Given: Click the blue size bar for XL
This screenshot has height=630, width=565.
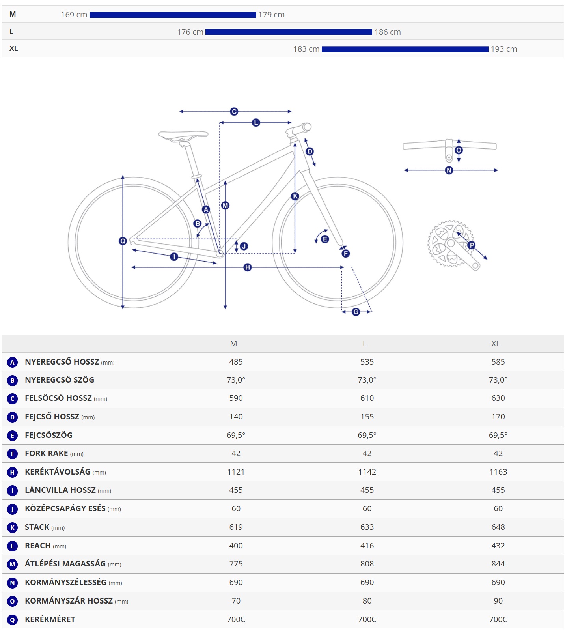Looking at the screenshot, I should pos(405,49).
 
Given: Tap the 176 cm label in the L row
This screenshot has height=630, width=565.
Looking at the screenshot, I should pos(190,32).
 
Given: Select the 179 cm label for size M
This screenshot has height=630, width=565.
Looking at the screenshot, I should pos(271,15).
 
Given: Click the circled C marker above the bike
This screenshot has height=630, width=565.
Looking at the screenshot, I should pos(234,112).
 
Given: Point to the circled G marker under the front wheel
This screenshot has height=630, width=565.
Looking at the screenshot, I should pos(356,312).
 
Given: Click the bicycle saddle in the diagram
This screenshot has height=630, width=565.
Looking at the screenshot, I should pos(183,135).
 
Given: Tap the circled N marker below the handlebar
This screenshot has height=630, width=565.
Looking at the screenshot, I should pos(449,170).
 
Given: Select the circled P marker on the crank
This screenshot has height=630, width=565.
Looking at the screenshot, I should pos(471,245).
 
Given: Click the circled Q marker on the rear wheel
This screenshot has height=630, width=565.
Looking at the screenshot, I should pos(123,241).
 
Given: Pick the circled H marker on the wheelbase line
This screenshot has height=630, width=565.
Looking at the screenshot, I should pos(247,267).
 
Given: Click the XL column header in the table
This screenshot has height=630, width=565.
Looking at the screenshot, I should pos(496,344).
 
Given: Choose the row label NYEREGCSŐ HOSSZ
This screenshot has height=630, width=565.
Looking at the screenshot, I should pos(62,362).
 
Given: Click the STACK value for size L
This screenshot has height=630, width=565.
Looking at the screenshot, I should pos(367,527).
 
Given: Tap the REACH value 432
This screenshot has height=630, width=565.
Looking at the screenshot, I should pos(498,546).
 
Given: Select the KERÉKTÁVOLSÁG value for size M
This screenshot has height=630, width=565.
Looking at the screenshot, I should pos(236,472).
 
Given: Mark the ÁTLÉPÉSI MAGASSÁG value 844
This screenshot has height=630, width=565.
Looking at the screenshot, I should pos(498,564).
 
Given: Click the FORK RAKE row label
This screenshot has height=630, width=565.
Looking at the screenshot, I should pos(47,453).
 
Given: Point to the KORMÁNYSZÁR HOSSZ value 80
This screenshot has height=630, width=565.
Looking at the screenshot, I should pos(367,601).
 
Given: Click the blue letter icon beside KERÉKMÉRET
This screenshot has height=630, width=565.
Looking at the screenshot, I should pos(12,620).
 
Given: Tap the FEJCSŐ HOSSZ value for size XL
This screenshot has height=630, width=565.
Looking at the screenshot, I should pos(498,417).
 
